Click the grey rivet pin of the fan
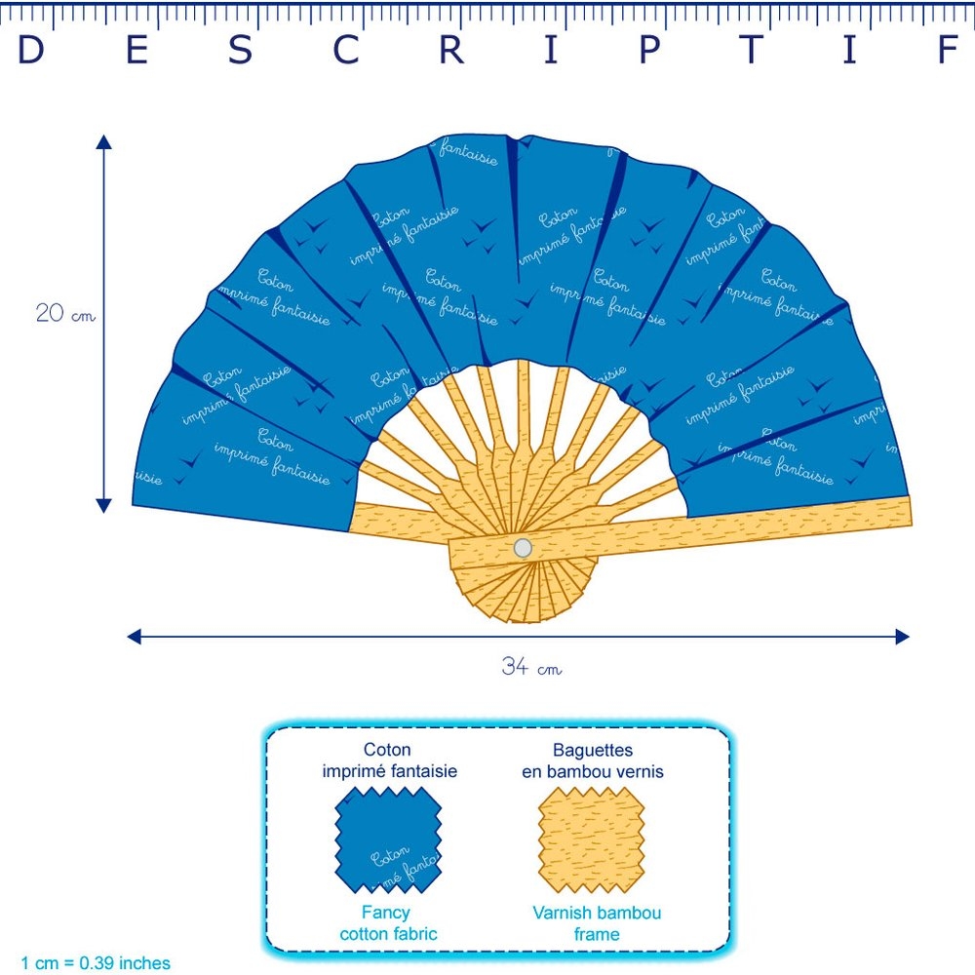pyautogui.click(x=523, y=548)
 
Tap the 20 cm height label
pyautogui.click(x=64, y=314)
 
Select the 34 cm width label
pyautogui.click(x=531, y=668)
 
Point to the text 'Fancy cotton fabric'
pyautogui.click(x=388, y=923)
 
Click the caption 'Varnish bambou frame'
pyautogui.click(x=597, y=923)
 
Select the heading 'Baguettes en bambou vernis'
pyautogui.click(x=593, y=760)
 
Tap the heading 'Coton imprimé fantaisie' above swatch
pyautogui.click(x=389, y=760)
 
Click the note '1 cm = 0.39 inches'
pyautogui.click(x=95, y=962)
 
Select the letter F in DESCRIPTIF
pyautogui.click(x=949, y=51)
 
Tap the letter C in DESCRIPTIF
pyautogui.click(x=345, y=51)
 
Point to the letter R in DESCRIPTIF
pyautogui.click(x=450, y=51)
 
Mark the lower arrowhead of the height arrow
pyautogui.click(x=104, y=504)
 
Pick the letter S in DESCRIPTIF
pyautogui.click(x=241, y=51)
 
